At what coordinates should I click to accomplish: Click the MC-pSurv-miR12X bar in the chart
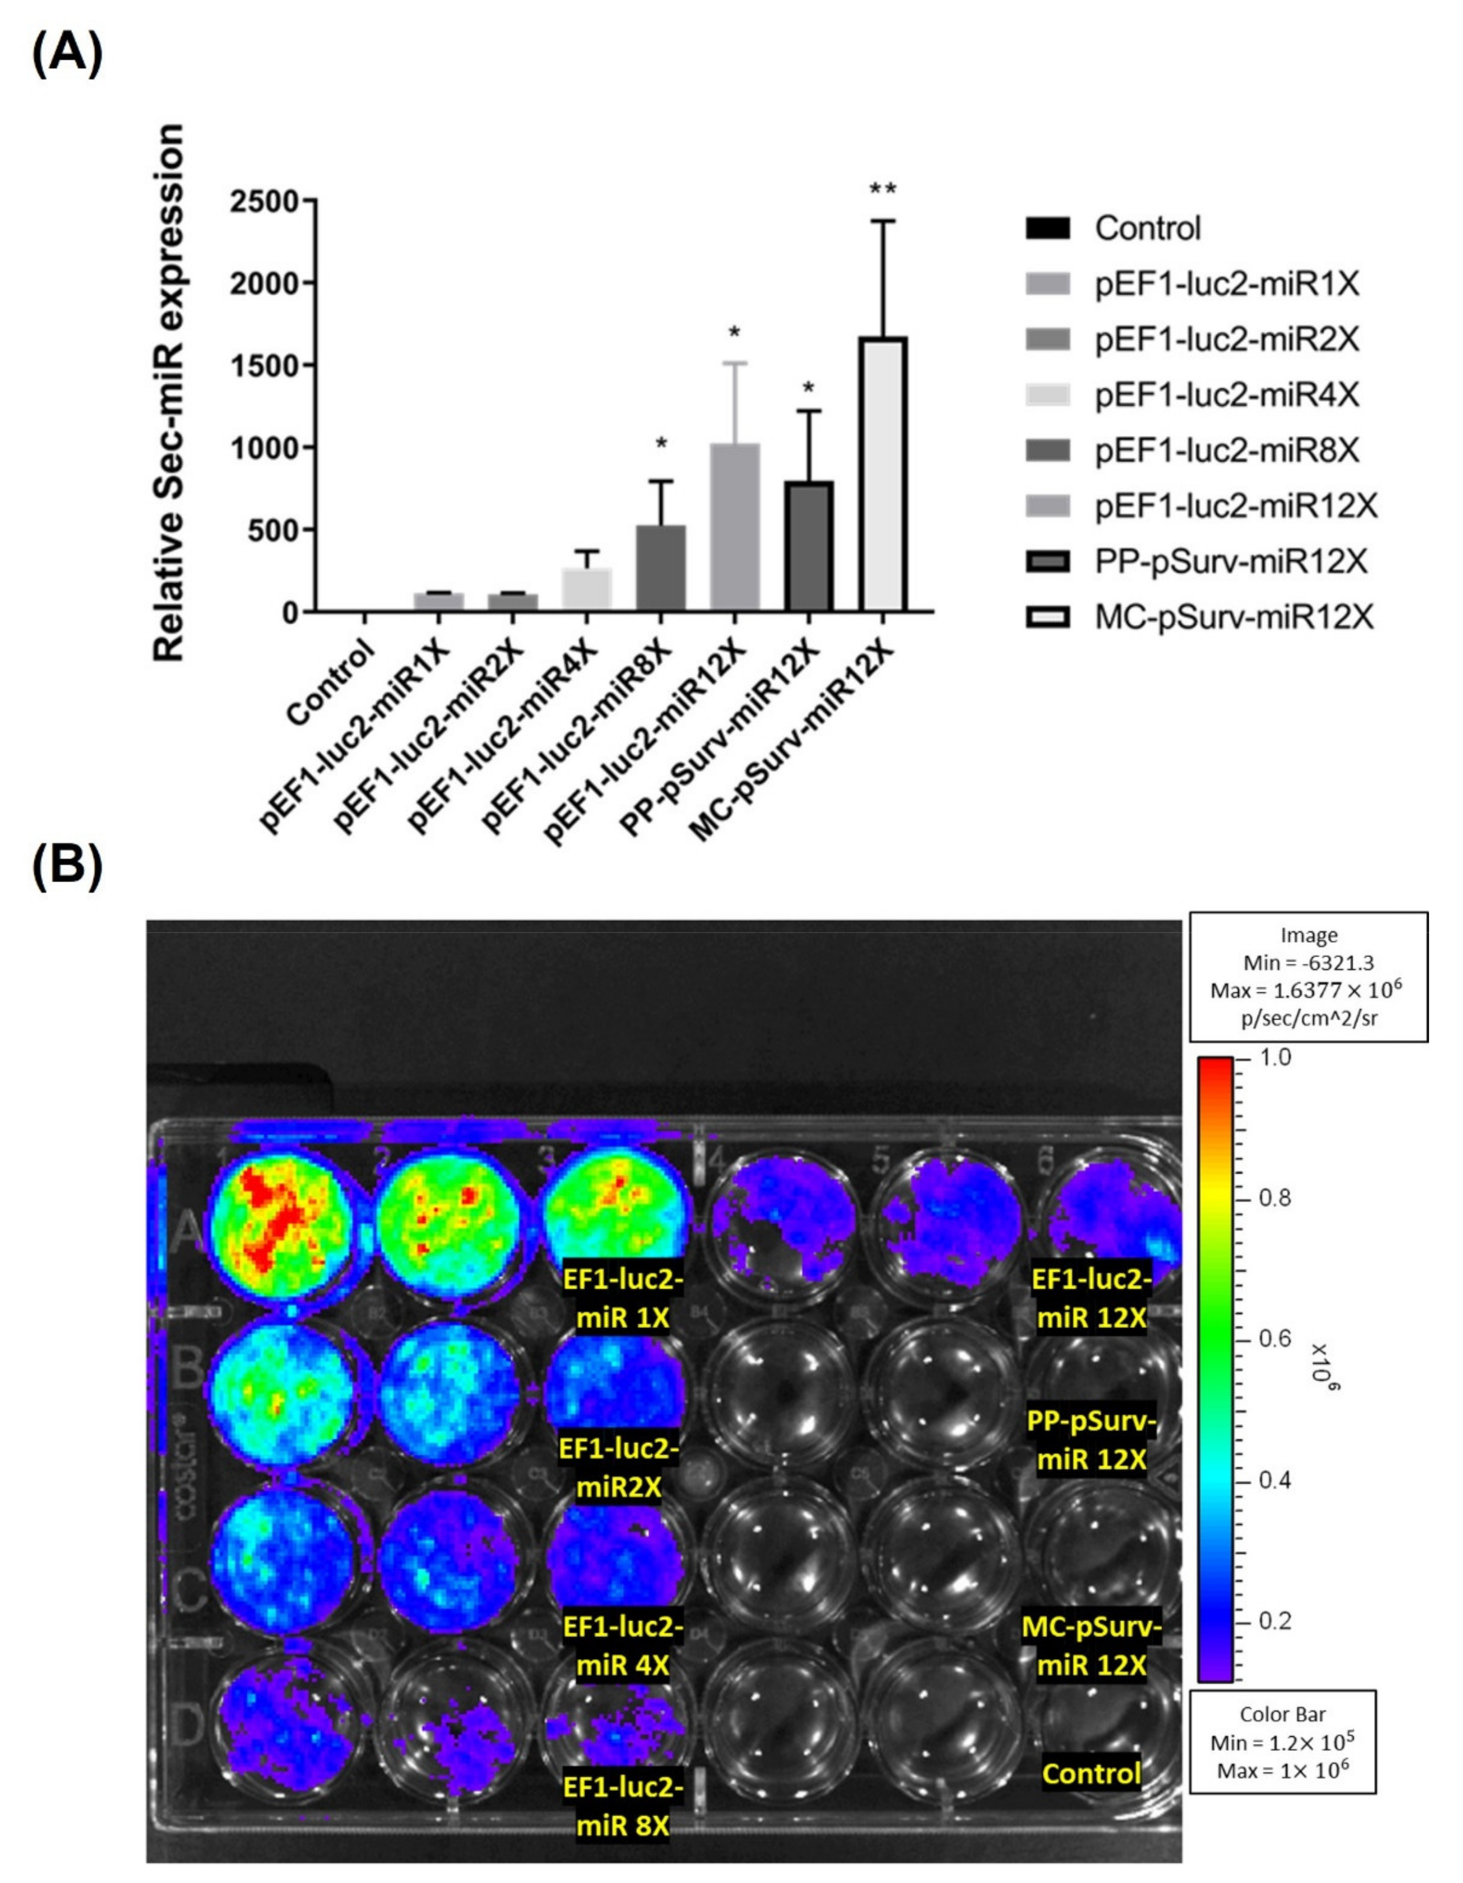coord(882,474)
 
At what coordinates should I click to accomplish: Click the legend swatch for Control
coord(1048,228)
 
